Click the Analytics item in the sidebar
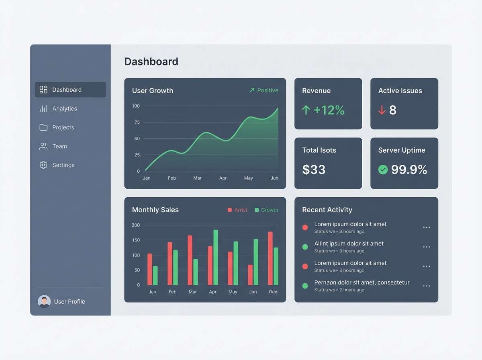(64, 108)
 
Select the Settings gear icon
(43, 165)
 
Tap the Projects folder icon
(43, 127)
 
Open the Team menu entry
(59, 146)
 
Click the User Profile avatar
(44, 301)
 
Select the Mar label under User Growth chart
(197, 178)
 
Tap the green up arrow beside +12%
(306, 110)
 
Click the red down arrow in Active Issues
(382, 110)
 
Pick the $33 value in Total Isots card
(314, 170)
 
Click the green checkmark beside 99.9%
(383, 170)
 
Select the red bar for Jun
(250, 275)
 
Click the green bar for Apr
(216, 257)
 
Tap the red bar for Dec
(270, 258)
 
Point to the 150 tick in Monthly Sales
(136, 240)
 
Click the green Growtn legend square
(257, 210)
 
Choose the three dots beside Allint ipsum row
(427, 247)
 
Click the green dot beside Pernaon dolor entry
(305, 286)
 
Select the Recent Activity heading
(327, 210)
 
